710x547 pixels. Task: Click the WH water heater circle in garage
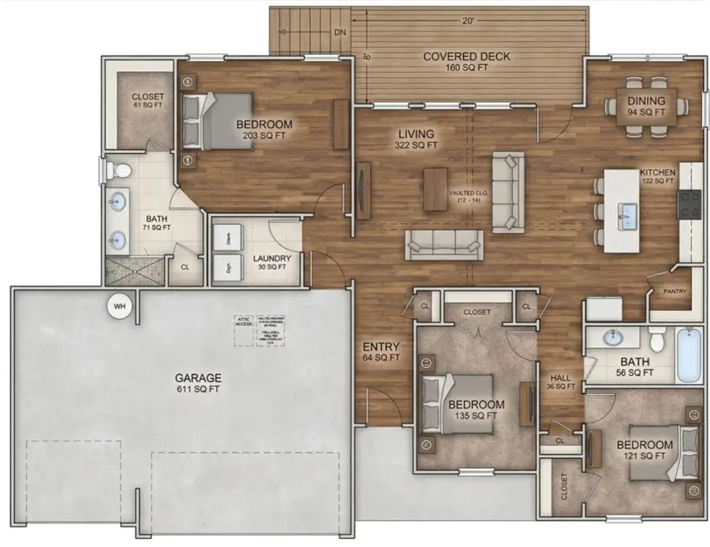[x=120, y=306]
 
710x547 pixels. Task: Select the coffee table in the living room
[x=435, y=189]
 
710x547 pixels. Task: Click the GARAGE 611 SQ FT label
[x=199, y=384]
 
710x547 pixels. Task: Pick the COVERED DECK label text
[x=466, y=57]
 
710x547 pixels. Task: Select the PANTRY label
[x=674, y=291]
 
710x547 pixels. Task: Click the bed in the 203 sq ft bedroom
[x=216, y=120]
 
